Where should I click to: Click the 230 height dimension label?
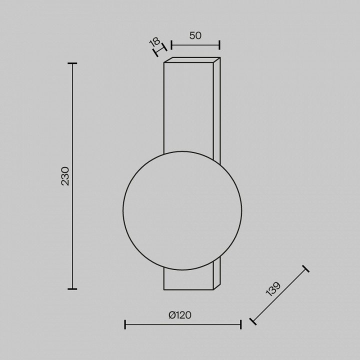tap(65, 176)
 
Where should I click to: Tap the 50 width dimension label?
tap(195, 35)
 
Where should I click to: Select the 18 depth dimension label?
tap(154, 42)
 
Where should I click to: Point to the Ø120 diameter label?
tap(180, 315)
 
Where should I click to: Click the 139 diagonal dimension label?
tap(273, 289)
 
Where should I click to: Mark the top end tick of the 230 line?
tap(72, 63)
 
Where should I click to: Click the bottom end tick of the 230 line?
tap(72, 289)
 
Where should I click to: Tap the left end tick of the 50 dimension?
tap(171, 45)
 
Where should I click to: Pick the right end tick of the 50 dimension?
tap(219, 45)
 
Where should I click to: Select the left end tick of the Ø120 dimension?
tap(125, 324)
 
